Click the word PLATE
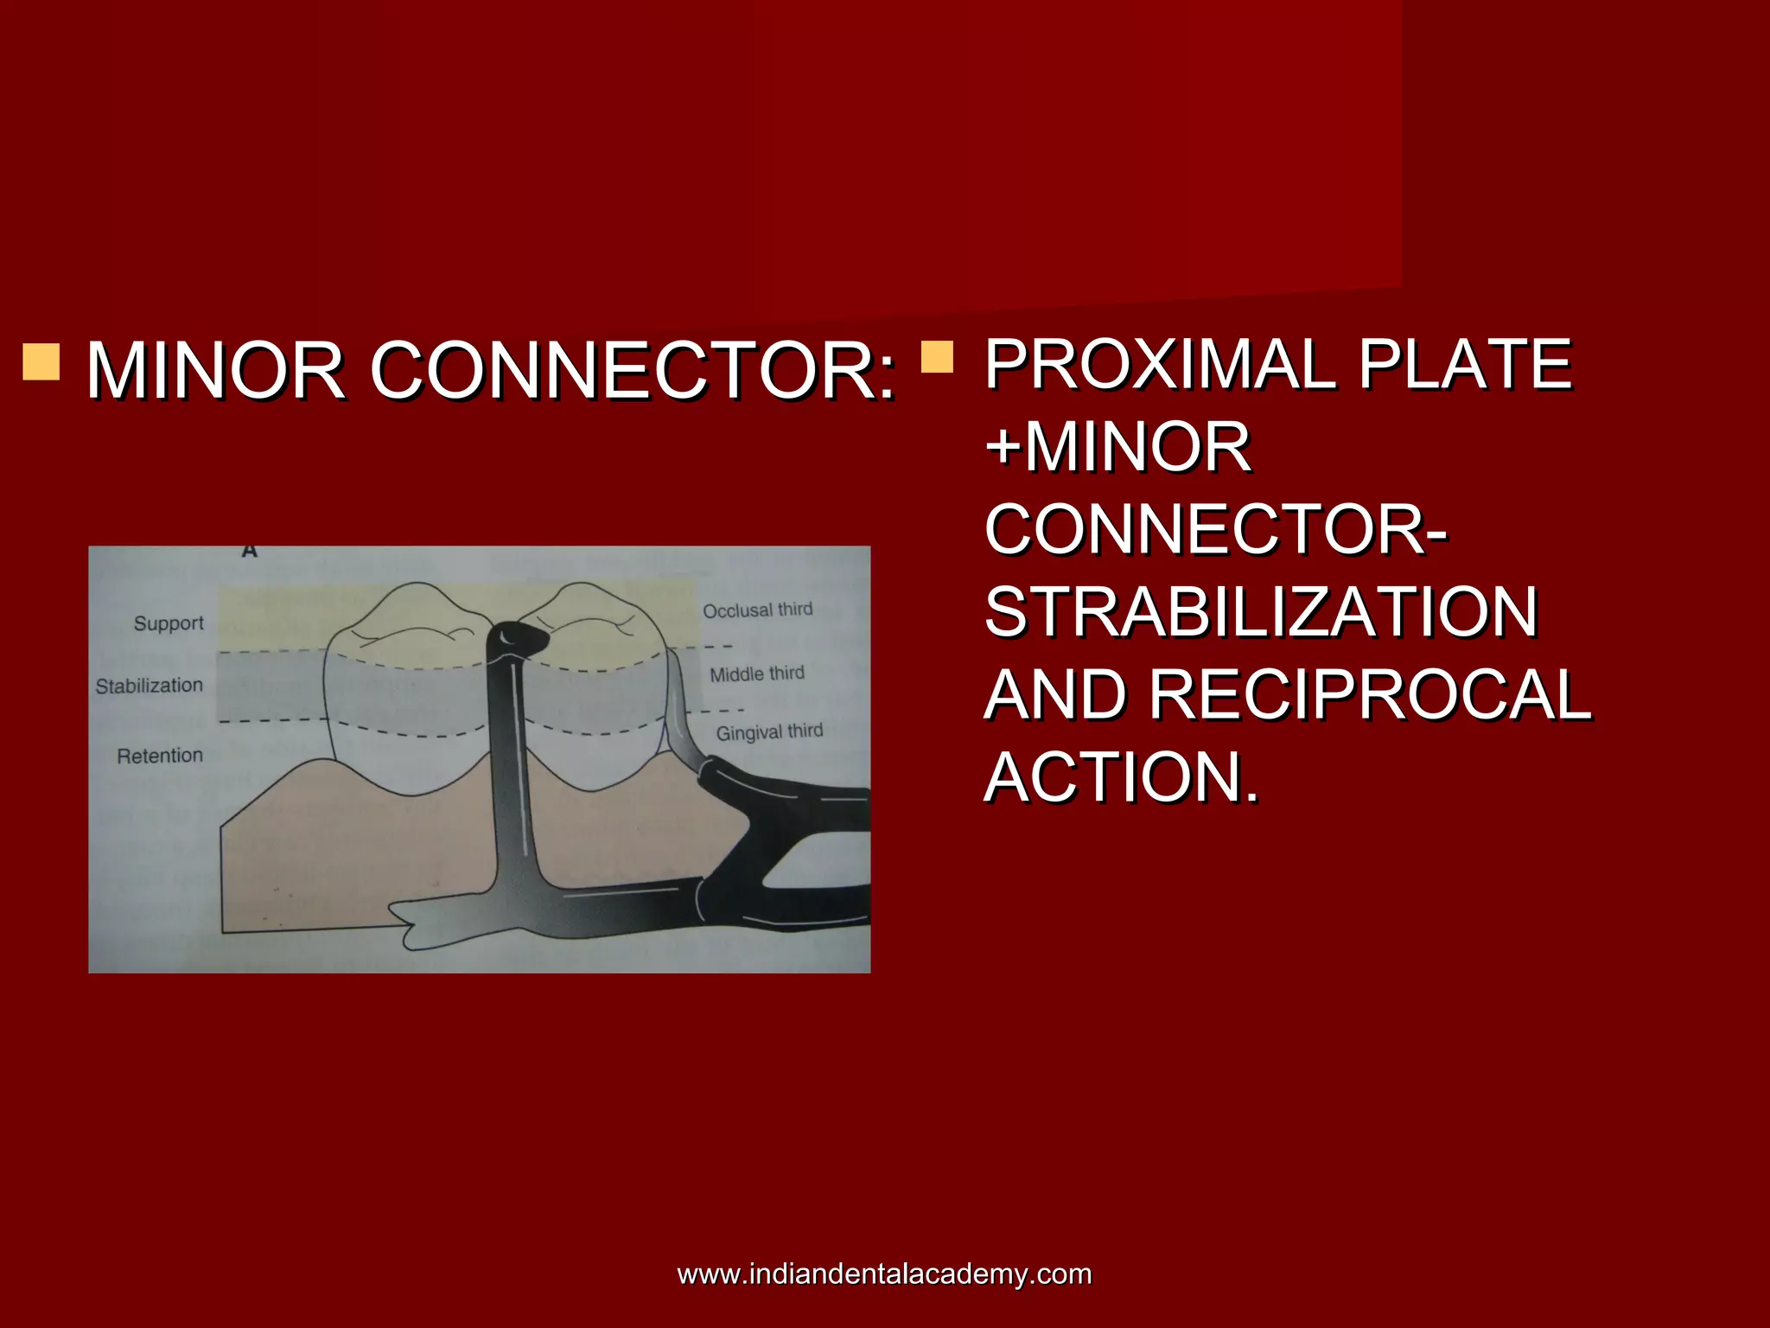[1465, 364]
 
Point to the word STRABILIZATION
[1261, 612]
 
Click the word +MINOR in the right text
[1117, 447]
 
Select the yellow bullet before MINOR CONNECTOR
[41, 361]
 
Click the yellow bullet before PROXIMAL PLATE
[937, 356]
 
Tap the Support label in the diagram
[169, 623]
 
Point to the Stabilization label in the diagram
[150, 686]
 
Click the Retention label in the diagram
[160, 756]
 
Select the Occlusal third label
[757, 610]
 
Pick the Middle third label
[757, 674]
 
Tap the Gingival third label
[769, 732]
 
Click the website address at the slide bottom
[884, 1274]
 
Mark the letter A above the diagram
[250, 550]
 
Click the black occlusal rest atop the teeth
[519, 639]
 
